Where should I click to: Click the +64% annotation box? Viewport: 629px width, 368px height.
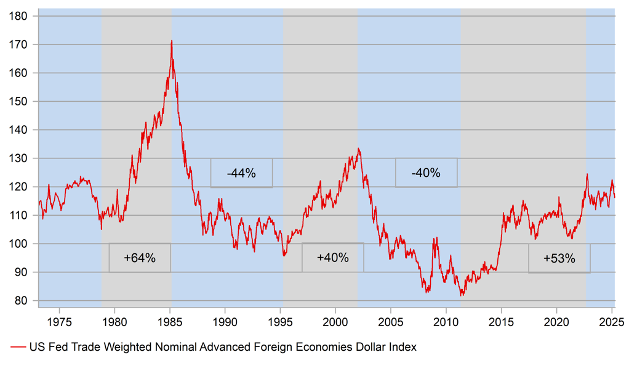point(140,258)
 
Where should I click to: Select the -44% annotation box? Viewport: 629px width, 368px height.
point(241,173)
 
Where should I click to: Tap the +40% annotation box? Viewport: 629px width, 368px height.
point(332,258)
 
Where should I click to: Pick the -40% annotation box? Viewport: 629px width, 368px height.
point(426,173)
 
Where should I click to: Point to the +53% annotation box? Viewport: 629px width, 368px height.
point(559,258)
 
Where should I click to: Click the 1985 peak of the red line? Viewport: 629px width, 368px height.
point(172,41)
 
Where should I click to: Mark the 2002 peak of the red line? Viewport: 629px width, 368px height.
point(358,149)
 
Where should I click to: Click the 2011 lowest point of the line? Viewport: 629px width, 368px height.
point(462,295)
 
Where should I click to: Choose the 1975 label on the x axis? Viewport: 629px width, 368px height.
point(58,321)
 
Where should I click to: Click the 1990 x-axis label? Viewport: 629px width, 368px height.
point(225,321)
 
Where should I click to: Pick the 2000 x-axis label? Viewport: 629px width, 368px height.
point(335,321)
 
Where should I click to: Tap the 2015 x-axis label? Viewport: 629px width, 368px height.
point(502,321)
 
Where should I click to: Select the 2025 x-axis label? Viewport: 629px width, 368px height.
point(612,321)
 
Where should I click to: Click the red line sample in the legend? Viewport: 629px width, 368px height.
point(17,348)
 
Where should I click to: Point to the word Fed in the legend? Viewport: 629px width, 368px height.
point(57,348)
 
